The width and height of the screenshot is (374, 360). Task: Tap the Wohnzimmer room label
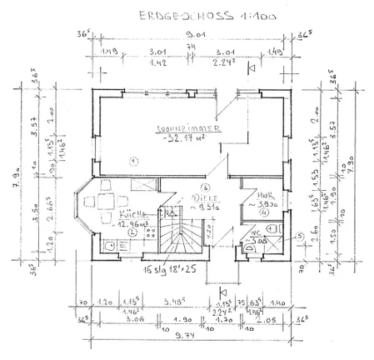click(x=189, y=130)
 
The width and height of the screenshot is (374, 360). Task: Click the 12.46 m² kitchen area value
click(x=111, y=223)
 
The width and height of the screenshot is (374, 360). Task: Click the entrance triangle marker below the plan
click(x=222, y=292)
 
